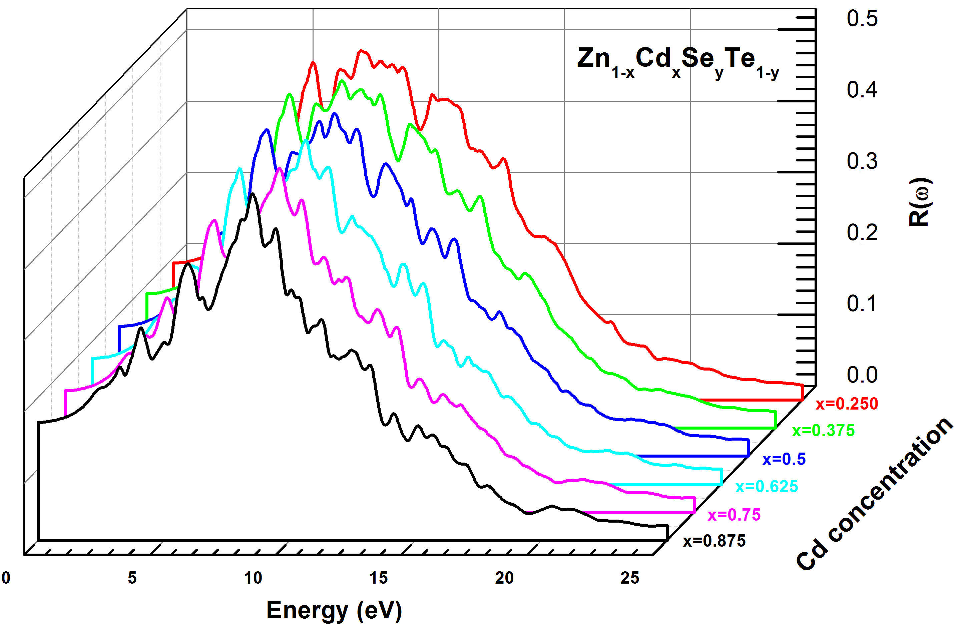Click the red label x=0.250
847,404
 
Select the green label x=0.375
823,430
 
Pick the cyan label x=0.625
767,486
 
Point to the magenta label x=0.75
734,515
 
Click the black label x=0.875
714,541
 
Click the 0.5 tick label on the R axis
862,19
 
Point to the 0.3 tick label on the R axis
862,161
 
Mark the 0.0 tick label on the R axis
862,375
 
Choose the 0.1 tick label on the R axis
862,303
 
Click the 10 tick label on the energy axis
253,578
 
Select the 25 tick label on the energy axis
629,578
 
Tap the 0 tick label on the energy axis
6,578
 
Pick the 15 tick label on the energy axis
378,578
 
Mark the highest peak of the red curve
362,51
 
